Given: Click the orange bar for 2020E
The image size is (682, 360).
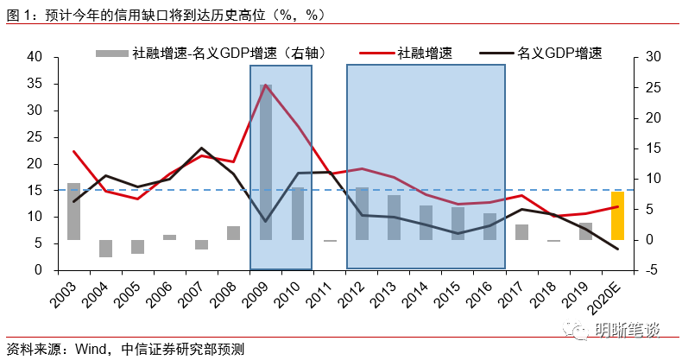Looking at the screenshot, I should (617, 216).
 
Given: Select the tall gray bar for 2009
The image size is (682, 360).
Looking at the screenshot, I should (266, 162).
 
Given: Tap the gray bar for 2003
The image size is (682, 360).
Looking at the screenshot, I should (74, 212).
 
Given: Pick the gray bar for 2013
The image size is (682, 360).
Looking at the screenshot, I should (394, 218).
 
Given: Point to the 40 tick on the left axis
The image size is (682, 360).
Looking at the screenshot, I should (35, 57).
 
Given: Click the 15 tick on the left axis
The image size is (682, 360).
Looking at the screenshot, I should (35, 190).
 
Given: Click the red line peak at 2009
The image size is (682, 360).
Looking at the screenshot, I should (266, 85).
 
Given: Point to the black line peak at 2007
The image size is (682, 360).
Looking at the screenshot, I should (202, 148).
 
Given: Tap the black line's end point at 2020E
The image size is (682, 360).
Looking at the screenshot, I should (617, 249).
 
